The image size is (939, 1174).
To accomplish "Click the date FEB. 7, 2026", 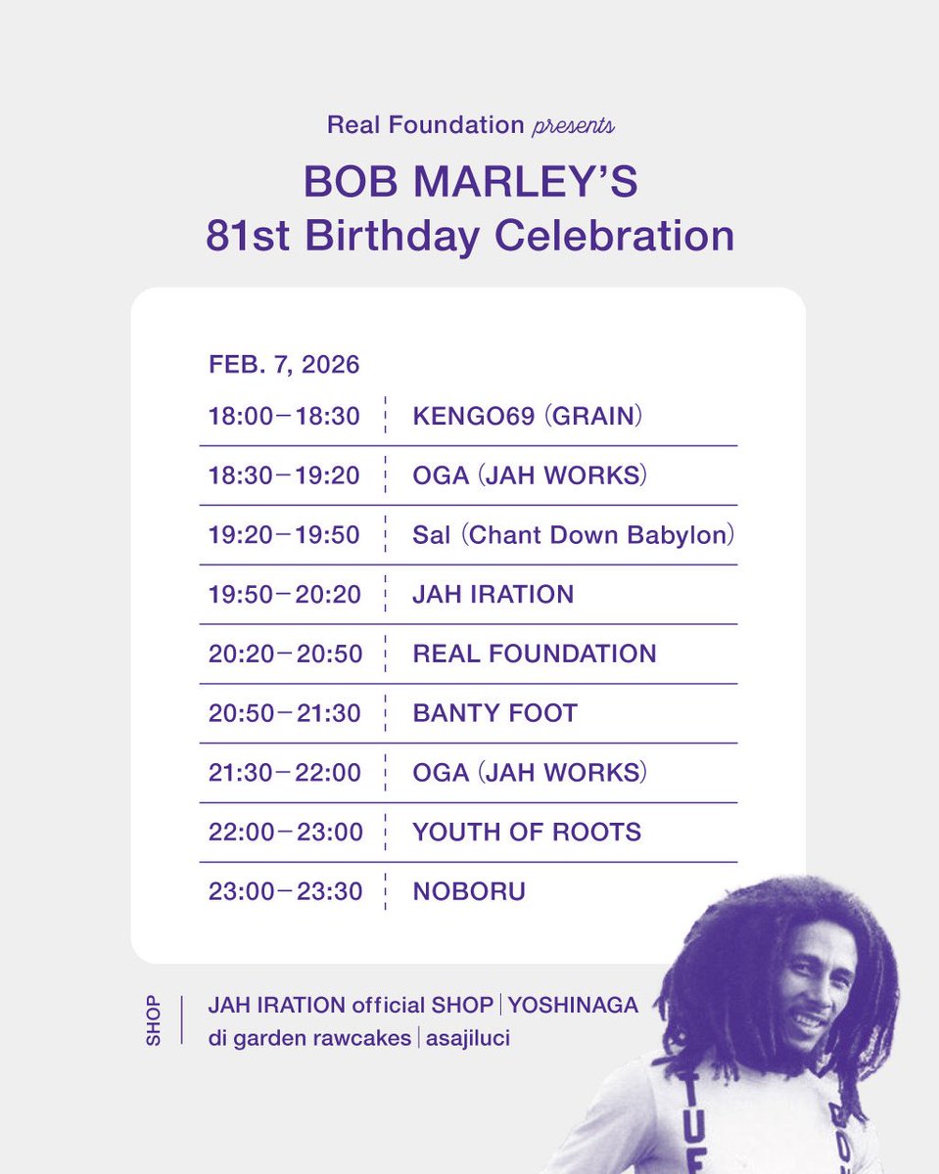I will pos(284,365).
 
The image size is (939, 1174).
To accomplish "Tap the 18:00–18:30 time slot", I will pos(284,417).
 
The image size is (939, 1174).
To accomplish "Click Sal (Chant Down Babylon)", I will pos(574,535).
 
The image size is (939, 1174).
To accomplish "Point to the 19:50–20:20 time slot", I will pos(284,595).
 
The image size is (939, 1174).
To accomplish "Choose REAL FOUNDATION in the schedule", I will pos(535,654).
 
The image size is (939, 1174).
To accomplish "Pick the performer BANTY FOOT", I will pos(495,713).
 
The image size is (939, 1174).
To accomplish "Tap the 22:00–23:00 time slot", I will pos(285,833).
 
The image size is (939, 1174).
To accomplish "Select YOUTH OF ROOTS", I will pos(527,833).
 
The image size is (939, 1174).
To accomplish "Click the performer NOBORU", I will pos(469,892).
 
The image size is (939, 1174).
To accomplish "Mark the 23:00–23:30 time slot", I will pos(285,892).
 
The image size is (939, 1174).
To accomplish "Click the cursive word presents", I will pos(574,125).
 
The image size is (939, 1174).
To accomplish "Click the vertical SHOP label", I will pos(154,1021).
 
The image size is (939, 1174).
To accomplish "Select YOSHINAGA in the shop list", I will pos(573,1005).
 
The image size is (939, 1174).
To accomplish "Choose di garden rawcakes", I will pos(309,1038).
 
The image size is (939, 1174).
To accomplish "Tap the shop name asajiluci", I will pos(468,1038).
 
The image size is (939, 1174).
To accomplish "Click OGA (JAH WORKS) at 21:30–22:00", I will pos(530,773).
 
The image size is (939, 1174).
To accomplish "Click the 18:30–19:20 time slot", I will pos(284,476).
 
